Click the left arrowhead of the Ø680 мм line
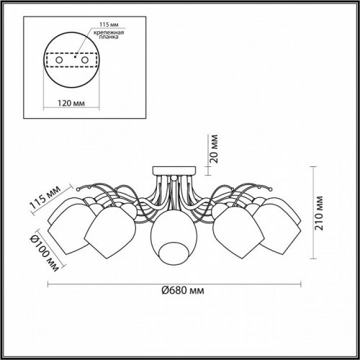pyautogui.click(x=50, y=280)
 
